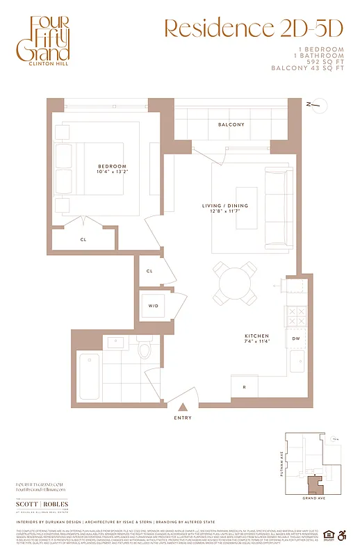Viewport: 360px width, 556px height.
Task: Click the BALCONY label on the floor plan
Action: coord(231,124)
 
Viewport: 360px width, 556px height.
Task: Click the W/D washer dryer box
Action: coord(153,305)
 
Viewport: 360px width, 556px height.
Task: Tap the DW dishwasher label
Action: coord(296,338)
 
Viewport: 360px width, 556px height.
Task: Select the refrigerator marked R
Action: coord(244,386)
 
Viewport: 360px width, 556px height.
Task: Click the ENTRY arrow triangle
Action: coord(183,407)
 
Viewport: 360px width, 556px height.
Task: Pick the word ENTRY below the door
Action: coord(183,418)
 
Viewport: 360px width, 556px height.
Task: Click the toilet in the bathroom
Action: coord(145,348)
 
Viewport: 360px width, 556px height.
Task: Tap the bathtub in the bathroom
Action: coord(90,378)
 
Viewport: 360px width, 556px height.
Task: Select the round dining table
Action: coord(234,283)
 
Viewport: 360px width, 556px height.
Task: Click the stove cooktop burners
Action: coord(296,316)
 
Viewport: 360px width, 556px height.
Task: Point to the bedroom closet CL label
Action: coord(83,239)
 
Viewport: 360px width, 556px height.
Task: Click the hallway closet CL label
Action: coord(150,272)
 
